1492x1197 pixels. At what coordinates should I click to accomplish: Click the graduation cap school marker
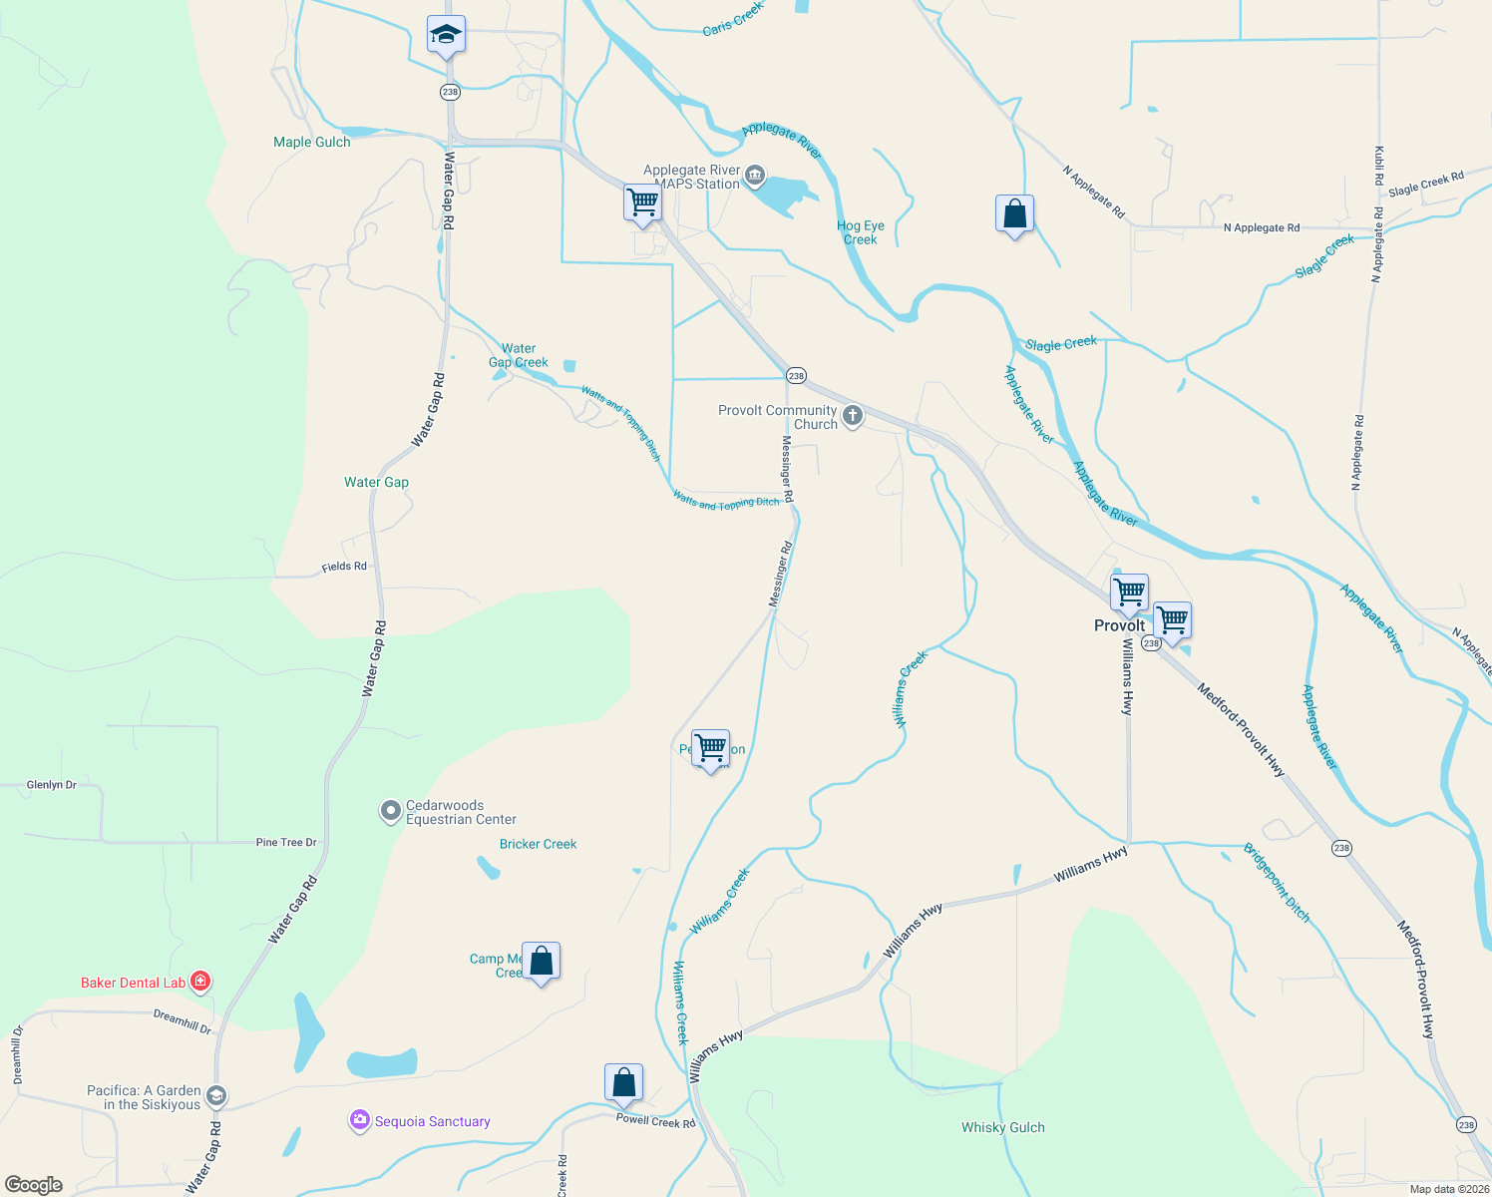(x=446, y=36)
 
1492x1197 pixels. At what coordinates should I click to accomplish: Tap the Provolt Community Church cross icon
(x=853, y=416)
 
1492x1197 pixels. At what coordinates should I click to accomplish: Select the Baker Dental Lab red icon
(x=200, y=982)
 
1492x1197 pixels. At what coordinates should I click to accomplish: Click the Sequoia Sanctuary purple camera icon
(x=359, y=1121)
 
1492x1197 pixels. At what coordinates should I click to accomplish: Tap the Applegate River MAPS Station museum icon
(x=755, y=178)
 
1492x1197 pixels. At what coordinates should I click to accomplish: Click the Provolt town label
(x=1119, y=625)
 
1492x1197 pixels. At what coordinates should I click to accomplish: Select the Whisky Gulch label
(x=1002, y=1127)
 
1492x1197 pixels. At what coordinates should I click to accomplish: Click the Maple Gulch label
(x=312, y=142)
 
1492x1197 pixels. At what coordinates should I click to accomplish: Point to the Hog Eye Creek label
(x=860, y=232)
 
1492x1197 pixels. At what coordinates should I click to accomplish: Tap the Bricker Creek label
(x=538, y=844)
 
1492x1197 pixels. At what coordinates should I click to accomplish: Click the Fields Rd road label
(x=344, y=567)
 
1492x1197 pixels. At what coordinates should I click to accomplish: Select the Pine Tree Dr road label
(x=286, y=842)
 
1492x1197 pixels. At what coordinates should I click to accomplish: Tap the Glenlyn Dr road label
(x=52, y=785)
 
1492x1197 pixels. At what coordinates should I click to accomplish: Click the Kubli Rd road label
(x=1379, y=166)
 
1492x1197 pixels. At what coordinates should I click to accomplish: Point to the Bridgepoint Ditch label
(x=1277, y=882)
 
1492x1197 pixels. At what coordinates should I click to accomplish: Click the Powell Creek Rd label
(x=655, y=1121)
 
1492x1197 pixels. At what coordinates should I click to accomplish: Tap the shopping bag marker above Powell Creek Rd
(x=623, y=1082)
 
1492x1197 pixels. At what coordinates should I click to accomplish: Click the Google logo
(x=34, y=1184)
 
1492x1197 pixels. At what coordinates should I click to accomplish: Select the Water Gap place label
(x=376, y=482)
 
